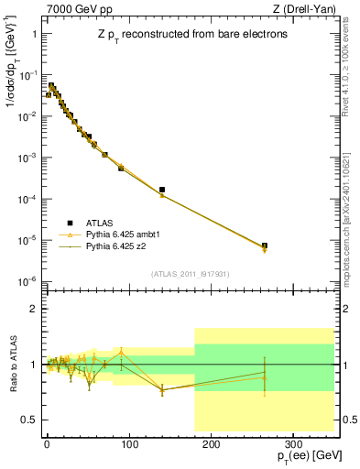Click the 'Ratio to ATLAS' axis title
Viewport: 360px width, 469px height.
coord(12,365)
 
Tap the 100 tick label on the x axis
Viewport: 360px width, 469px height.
coord(128,443)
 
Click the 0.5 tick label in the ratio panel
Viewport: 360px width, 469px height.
coord(27,420)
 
